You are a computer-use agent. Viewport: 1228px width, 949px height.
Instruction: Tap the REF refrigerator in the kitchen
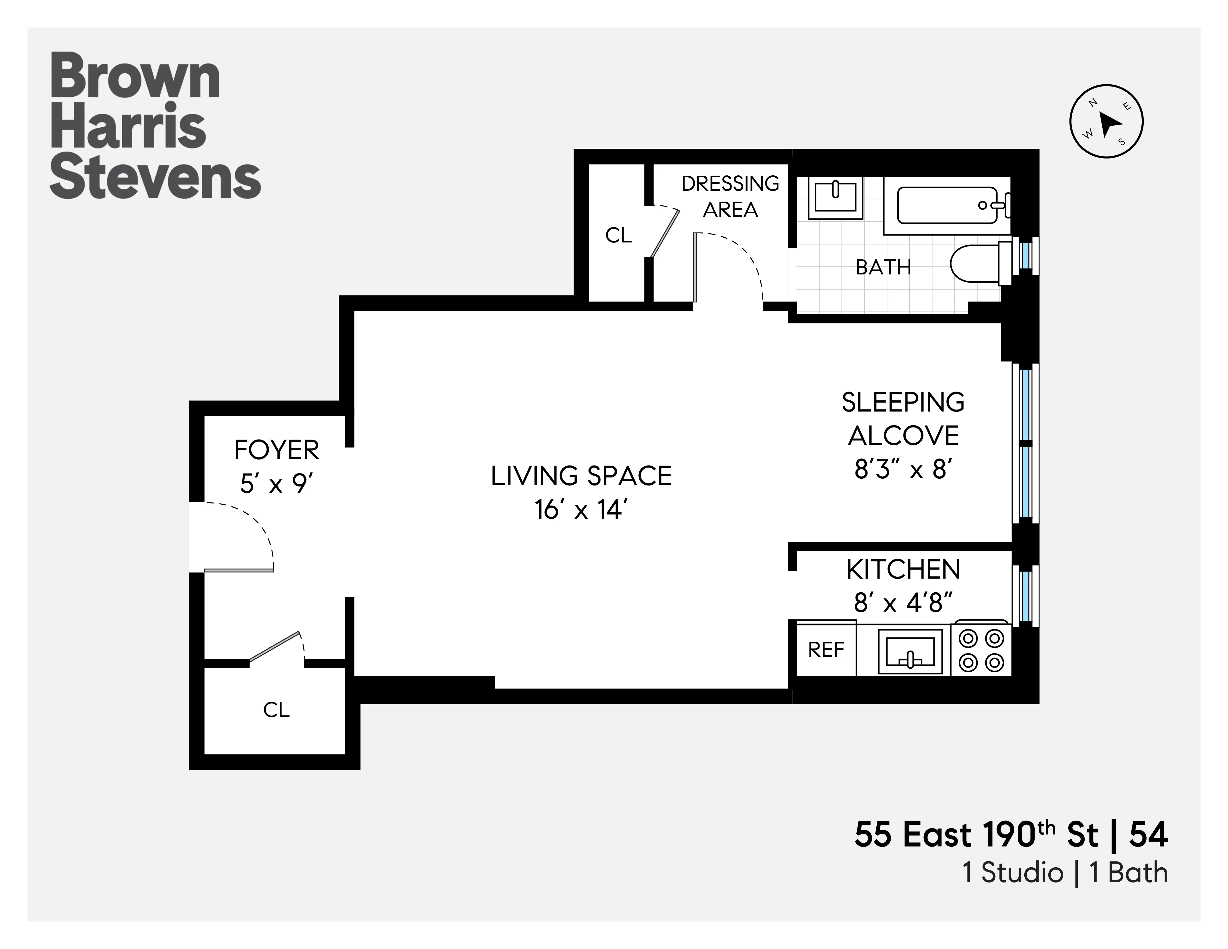pyautogui.click(x=826, y=650)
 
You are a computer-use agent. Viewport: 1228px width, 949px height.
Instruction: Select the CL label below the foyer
pyautogui.click(x=276, y=710)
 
